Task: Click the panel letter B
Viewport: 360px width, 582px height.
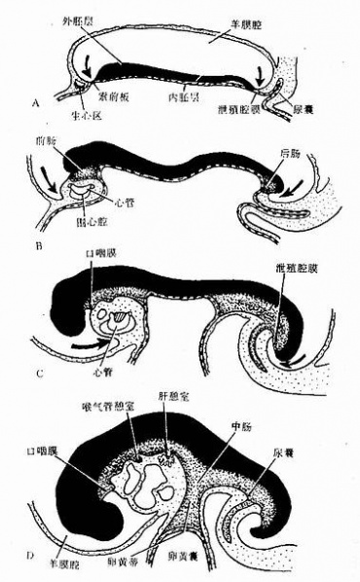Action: point(36,247)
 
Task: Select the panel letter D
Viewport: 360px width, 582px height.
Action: point(36,555)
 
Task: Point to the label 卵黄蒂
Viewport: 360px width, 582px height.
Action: point(156,563)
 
